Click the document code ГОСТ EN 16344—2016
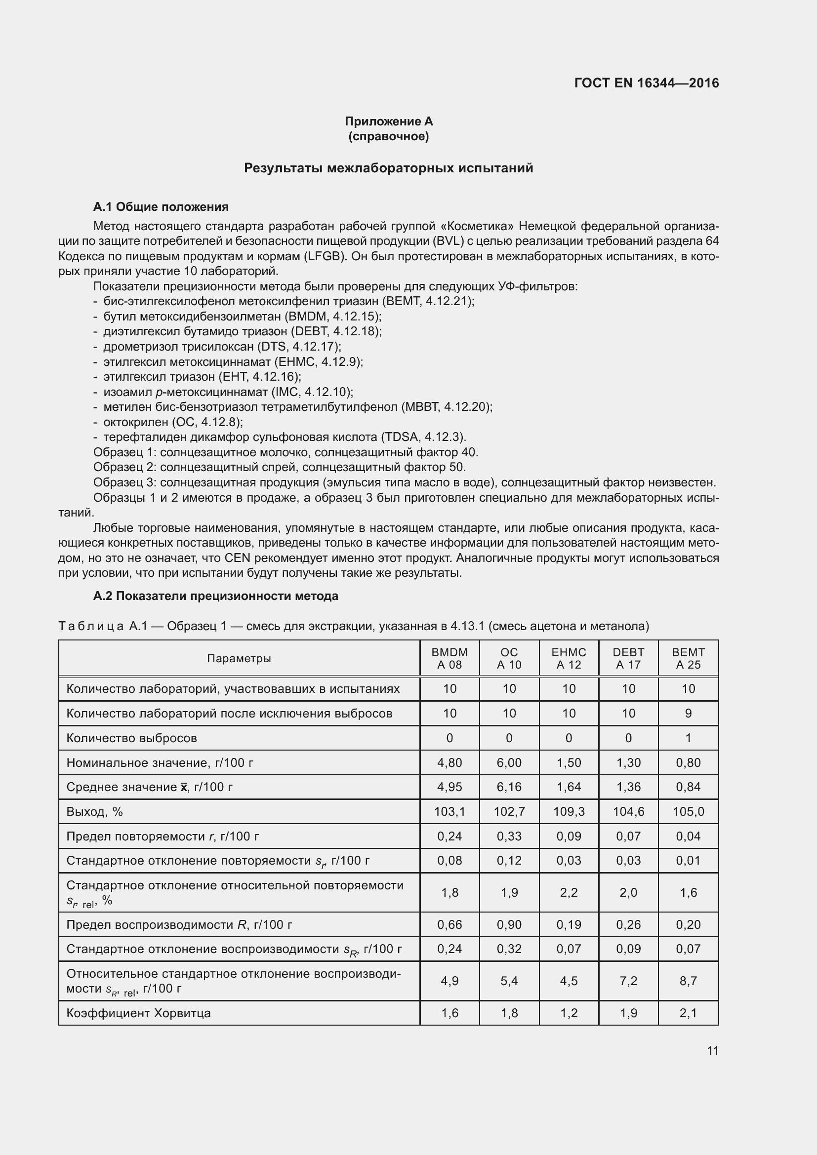[646, 83]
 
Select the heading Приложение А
[388, 121]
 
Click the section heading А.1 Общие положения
[161, 207]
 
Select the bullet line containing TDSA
[284, 437]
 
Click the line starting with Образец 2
[279, 467]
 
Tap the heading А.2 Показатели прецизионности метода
[215, 596]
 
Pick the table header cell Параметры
[239, 659]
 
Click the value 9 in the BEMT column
[688, 714]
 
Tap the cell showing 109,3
[569, 812]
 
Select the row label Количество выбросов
[131, 738]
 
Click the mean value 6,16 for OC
[509, 787]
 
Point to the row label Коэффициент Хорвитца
[138, 1013]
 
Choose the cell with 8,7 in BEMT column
[688, 981]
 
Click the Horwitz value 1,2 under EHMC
[569, 1013]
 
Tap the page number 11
[712, 1050]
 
